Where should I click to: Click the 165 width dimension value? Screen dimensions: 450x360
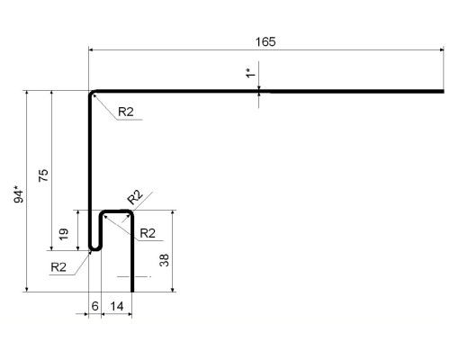265,41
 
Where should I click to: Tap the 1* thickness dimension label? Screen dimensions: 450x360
250,73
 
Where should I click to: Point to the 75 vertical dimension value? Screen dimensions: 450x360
43,175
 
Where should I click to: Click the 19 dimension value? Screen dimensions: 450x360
63,234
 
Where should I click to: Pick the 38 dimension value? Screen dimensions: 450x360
164,260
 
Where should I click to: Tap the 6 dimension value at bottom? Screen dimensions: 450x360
94,306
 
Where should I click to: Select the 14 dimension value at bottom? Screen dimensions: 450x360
116,306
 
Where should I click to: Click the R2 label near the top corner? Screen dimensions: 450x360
126,112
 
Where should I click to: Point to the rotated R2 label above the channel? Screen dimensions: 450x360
135,197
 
